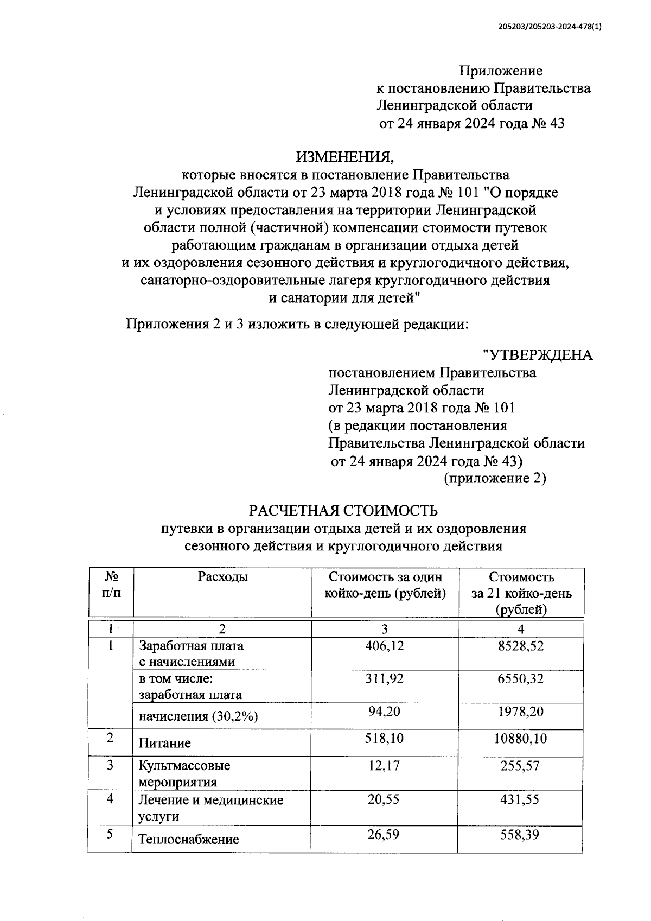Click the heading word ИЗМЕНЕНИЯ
coord(346,157)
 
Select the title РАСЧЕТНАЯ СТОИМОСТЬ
coord(343,511)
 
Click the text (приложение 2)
coord(494,478)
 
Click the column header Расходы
coord(222,577)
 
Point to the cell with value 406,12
coord(385,645)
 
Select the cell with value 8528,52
coord(521,645)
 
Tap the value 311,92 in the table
coord(385,678)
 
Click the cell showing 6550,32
coord(521,678)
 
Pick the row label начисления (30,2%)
coord(198,716)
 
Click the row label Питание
coord(165,743)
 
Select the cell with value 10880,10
coord(521,738)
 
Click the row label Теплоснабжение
coord(189,840)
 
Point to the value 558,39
coord(521,834)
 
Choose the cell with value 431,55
coord(521,799)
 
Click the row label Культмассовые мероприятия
coord(184,773)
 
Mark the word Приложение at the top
coord(501,71)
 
